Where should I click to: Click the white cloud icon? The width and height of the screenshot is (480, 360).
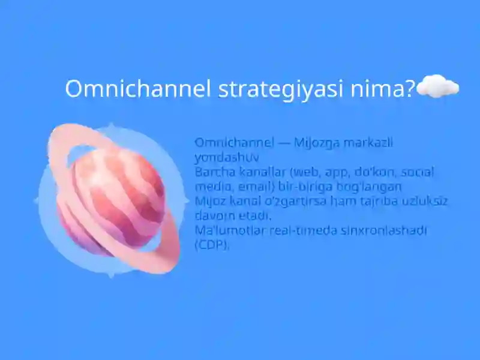438,88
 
